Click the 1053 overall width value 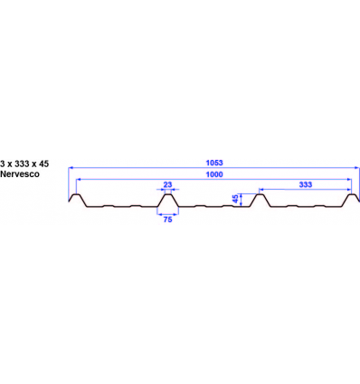(x=214, y=163)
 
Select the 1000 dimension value (x=214, y=175)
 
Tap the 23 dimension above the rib (x=167, y=184)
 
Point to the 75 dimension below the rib (x=167, y=219)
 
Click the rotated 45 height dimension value (x=236, y=200)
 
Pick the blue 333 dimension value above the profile (x=305, y=184)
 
